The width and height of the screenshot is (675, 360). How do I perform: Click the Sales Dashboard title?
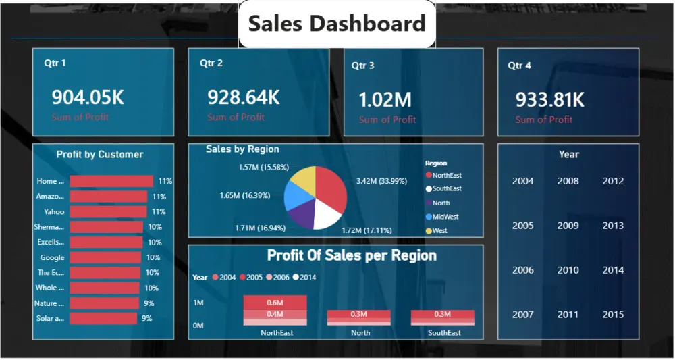[337, 24]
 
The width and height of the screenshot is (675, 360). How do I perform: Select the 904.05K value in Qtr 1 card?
[88, 98]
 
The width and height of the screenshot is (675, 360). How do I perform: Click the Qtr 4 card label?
[519, 66]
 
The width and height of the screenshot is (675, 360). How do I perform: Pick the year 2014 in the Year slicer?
[613, 270]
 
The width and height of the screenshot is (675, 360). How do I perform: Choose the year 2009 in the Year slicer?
[568, 226]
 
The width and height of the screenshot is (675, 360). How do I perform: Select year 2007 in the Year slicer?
[522, 315]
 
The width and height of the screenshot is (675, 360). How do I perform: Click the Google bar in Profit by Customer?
[105, 257]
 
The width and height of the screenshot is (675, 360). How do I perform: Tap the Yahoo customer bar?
[108, 211]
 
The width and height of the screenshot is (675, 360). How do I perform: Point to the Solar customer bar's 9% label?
[146, 318]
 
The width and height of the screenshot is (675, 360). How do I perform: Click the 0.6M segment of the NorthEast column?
[275, 303]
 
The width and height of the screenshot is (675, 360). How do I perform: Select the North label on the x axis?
[360, 332]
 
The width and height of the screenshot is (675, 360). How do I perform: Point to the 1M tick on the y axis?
[198, 303]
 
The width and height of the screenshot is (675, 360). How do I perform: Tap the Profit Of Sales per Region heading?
[352, 255]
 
